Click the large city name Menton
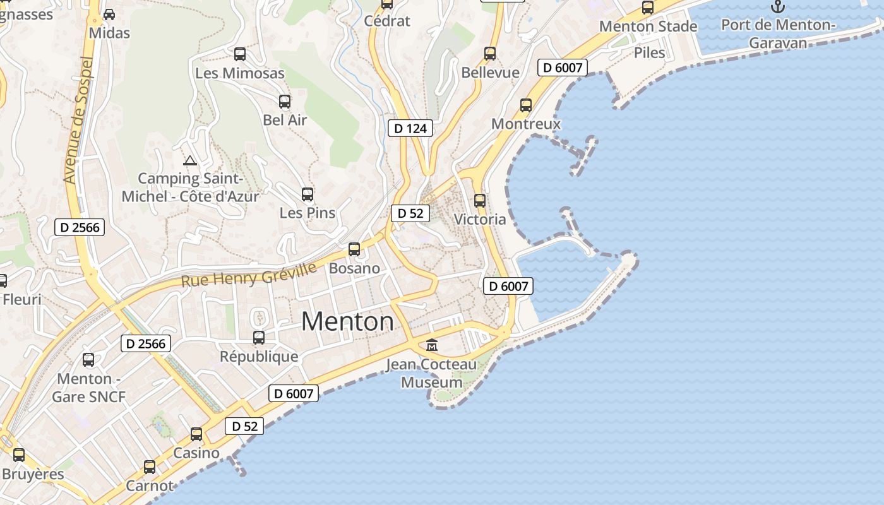coord(347,322)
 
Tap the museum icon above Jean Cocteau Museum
coord(433,345)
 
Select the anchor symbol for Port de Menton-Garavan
coord(778,7)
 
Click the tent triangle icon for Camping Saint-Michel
coord(190,160)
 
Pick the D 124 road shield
coord(410,129)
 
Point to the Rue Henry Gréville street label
coord(249,275)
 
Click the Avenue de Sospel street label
coord(78,121)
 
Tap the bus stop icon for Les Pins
coord(308,194)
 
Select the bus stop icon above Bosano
coord(354,249)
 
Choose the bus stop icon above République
coord(259,338)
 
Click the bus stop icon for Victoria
coord(480,201)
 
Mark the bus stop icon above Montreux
coord(526,105)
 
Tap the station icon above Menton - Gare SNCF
coord(88,360)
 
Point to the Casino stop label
coord(196,453)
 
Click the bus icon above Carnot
coord(150,467)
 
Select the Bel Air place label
coord(285,120)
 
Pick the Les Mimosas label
coord(240,73)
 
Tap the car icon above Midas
coord(109,14)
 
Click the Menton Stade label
coord(648,27)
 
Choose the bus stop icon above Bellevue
coord(490,54)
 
